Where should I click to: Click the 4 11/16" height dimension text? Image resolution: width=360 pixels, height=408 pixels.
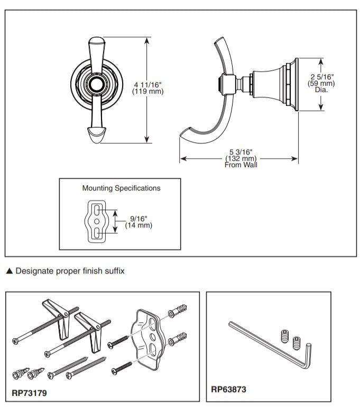[148, 85]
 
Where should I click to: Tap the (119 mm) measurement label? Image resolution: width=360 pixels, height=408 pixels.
[148, 92]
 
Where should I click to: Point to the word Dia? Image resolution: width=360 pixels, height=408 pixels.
[321, 90]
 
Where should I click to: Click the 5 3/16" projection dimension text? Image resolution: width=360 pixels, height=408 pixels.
[241, 152]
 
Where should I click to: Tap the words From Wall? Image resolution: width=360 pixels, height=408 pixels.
[241, 165]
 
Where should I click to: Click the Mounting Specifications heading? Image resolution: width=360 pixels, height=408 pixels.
[121, 188]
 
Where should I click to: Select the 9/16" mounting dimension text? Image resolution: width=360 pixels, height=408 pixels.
[139, 218]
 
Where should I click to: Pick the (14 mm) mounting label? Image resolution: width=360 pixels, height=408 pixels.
[139, 225]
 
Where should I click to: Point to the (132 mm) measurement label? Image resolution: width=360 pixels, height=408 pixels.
[241, 159]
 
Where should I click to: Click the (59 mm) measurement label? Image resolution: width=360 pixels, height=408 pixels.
[321, 84]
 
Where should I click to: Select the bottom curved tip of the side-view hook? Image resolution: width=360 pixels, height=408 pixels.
[184, 135]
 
